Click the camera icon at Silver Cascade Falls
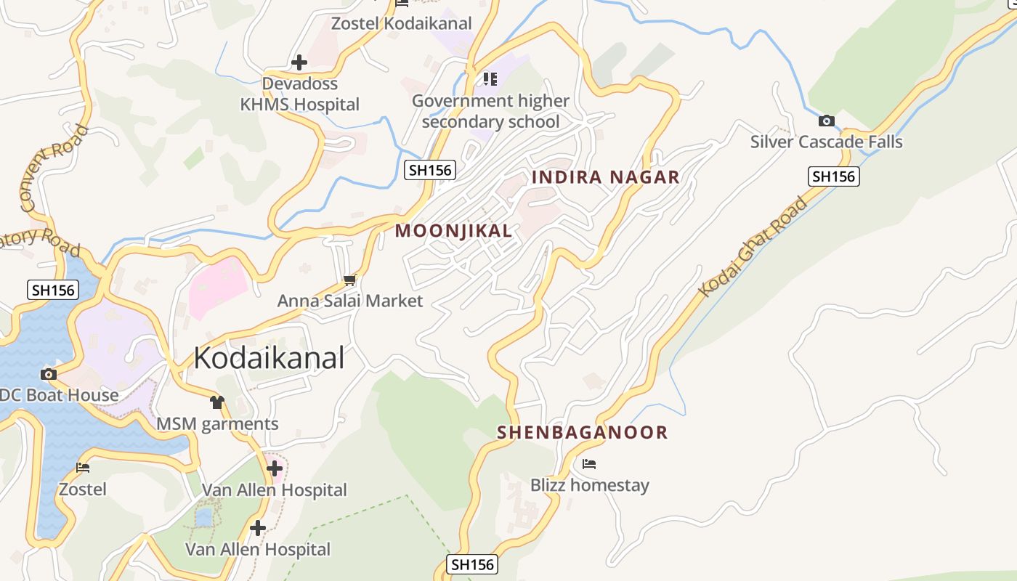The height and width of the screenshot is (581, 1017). (826, 121)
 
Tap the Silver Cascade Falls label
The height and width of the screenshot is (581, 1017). (826, 142)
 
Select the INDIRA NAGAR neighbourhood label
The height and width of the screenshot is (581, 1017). (606, 176)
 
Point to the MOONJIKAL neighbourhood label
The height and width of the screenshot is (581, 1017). (453, 231)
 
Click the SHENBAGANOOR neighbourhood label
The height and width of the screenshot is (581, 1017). (582, 432)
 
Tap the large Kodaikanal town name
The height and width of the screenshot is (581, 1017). (269, 358)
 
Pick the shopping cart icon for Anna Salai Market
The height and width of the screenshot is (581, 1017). (350, 280)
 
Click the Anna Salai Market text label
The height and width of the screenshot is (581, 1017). (350, 300)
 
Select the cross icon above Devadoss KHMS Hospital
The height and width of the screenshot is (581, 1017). (299, 62)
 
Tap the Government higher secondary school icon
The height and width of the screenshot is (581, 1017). (490, 78)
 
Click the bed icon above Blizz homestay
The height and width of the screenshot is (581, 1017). (589, 463)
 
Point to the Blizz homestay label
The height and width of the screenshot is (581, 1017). (589, 484)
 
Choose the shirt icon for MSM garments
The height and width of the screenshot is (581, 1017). (216, 402)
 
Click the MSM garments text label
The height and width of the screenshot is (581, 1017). (218, 423)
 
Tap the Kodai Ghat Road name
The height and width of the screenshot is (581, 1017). (753, 246)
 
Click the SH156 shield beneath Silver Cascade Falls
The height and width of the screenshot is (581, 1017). (833, 176)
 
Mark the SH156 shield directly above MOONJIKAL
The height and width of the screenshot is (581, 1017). (430, 170)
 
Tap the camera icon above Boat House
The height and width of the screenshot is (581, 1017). (49, 374)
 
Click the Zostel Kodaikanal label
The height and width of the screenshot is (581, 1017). (401, 23)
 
